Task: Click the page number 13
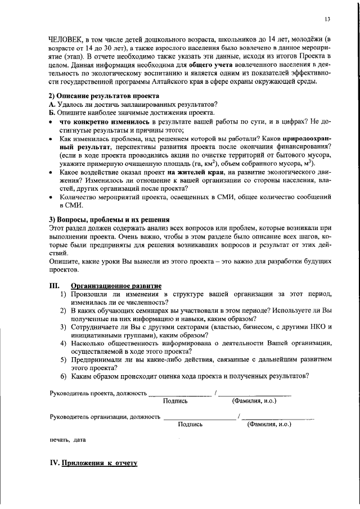(x=327, y=20)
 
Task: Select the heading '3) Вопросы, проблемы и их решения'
(x=109, y=219)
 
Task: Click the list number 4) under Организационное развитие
(x=64, y=343)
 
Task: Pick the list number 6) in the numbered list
(x=64, y=376)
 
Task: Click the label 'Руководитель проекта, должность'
(x=98, y=393)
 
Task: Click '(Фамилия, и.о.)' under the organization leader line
(x=269, y=425)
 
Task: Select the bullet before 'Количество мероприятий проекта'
(x=52, y=198)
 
